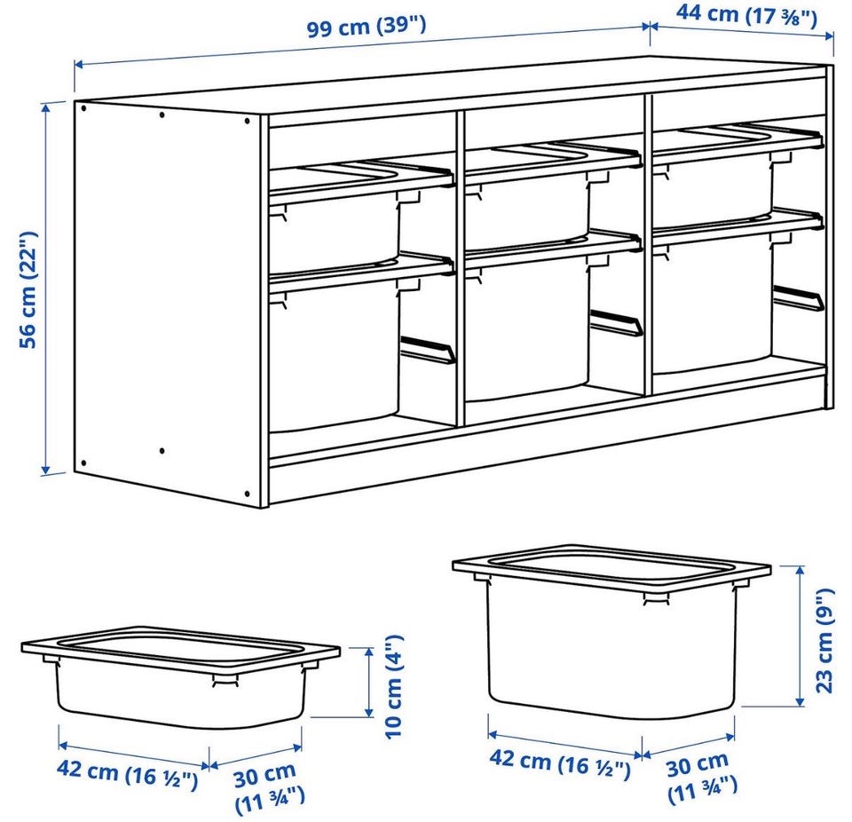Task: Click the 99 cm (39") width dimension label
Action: (367, 26)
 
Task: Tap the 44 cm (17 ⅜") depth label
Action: (746, 15)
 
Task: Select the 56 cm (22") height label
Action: (28, 289)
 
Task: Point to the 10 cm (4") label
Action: (394, 686)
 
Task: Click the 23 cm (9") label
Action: (824, 640)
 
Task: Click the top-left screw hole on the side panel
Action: (83, 108)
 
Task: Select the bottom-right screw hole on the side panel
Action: (248, 494)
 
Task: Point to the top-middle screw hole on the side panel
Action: (162, 115)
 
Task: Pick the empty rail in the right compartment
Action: (798, 297)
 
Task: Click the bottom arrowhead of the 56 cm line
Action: (46, 467)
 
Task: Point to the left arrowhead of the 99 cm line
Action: (79, 65)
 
